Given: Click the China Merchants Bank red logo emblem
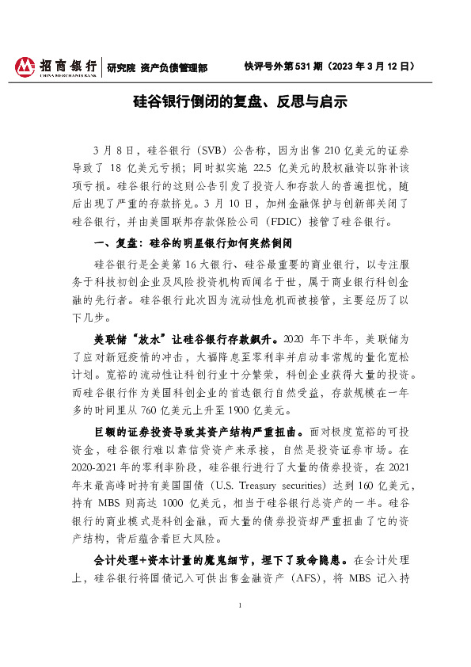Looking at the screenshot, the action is click(26, 66).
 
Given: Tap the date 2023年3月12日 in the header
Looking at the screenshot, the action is click(371, 67).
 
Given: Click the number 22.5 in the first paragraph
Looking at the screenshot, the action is click(264, 167).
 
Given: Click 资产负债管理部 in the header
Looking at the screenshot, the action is click(173, 67).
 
